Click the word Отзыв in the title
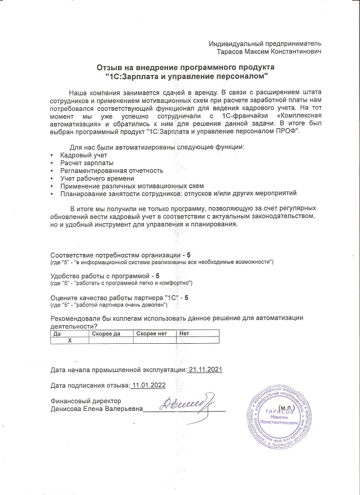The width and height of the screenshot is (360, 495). pyautogui.click(x=111, y=67)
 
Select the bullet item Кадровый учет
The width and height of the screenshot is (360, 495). pyautogui.click(x=84, y=155)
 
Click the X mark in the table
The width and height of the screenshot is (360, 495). pyautogui.click(x=70, y=341)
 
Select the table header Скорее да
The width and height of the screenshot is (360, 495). pyautogui.click(x=106, y=334)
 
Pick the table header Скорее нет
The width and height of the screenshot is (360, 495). pyautogui.click(x=151, y=334)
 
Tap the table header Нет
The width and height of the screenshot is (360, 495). pyautogui.click(x=184, y=334)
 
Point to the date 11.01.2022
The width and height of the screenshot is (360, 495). pyautogui.click(x=148, y=386)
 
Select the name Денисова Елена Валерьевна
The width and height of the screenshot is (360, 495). pyautogui.click(x=96, y=409)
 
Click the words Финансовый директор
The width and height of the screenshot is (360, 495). pyautogui.click(x=83, y=401)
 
